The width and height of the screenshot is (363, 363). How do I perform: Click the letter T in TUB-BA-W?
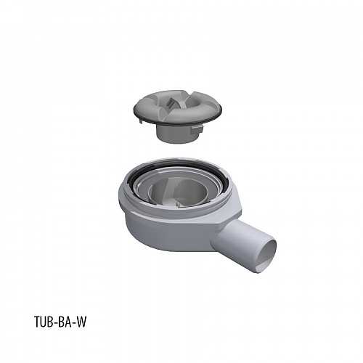pos(38,322)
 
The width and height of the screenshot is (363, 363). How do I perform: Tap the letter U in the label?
pos(45,322)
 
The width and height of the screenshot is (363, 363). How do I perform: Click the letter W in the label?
pos(81,322)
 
